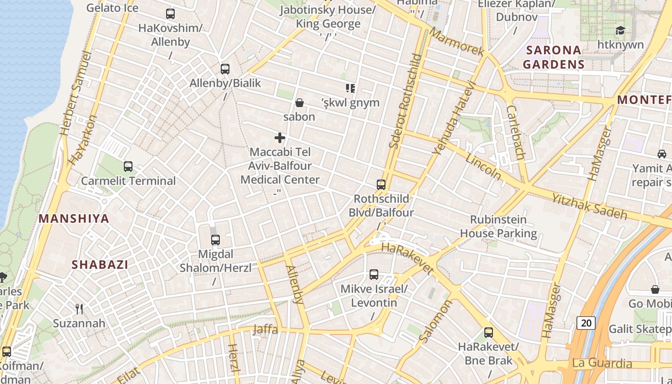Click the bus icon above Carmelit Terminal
[x=128, y=167]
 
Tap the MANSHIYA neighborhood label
[x=74, y=219]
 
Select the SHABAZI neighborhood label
[x=100, y=264]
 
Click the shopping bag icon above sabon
[x=299, y=103]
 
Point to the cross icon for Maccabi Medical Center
[x=280, y=138]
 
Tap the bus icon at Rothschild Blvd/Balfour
[x=381, y=184]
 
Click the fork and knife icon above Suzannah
[x=80, y=309]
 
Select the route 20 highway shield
[x=586, y=323]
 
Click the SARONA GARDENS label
[x=553, y=57]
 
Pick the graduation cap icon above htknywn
[x=620, y=31]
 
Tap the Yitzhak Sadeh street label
[x=589, y=206]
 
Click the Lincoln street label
[x=483, y=167]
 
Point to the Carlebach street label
[x=515, y=132]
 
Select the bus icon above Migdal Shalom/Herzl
[x=216, y=240]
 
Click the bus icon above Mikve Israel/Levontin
[x=374, y=275]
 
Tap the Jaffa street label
[x=265, y=329]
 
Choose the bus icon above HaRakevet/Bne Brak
[x=489, y=332]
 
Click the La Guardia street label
[x=602, y=363]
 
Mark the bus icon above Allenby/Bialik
[x=225, y=69]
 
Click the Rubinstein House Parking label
[x=498, y=227]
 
